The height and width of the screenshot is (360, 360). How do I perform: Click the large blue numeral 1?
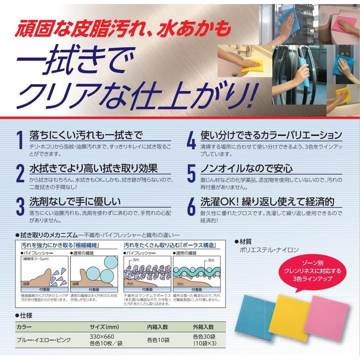(x=19, y=140)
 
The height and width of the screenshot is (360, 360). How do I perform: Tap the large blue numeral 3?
(x=20, y=206)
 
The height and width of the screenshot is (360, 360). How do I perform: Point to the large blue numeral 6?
(x=191, y=206)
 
